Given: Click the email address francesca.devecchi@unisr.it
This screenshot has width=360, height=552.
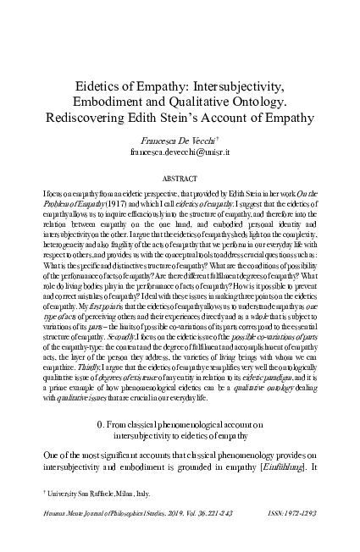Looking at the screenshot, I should click(x=180, y=153).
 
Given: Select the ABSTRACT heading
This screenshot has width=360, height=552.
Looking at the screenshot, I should click(x=180, y=179).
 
